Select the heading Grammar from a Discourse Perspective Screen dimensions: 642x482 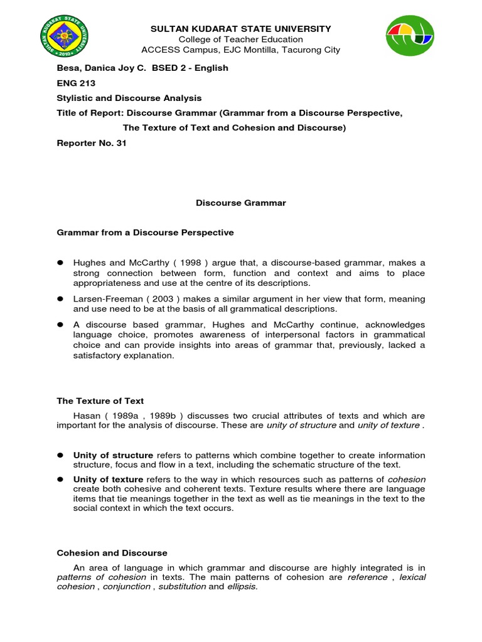coord(145,233)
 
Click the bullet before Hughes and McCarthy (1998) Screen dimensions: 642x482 coord(62,263)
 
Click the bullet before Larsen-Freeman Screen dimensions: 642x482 coord(62,299)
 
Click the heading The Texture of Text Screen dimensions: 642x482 coord(100,401)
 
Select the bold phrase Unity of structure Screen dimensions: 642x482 coord(113,455)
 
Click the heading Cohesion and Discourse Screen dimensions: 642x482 coord(112,553)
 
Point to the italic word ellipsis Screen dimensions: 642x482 coord(242,587)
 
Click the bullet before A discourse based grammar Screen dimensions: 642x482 coord(62,325)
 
